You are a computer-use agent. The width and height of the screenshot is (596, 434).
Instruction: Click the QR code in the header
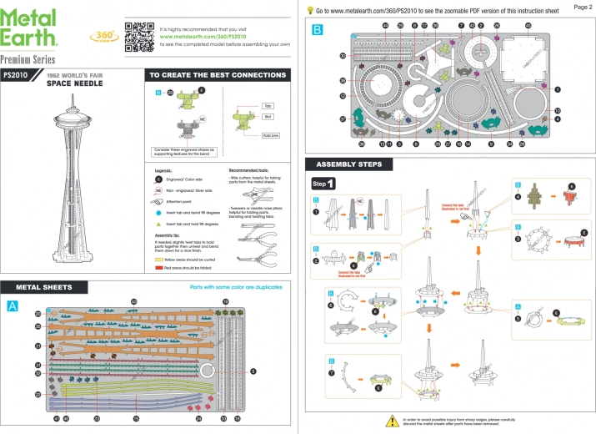coord(139,34)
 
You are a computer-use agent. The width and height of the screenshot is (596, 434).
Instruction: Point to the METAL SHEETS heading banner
coord(43,287)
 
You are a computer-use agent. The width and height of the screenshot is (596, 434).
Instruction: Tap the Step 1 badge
coord(323,184)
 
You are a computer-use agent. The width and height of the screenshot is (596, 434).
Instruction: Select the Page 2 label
coord(583,6)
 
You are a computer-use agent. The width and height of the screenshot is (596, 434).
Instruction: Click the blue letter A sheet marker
coord(11,306)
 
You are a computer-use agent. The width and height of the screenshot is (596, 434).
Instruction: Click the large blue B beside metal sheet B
coord(316,31)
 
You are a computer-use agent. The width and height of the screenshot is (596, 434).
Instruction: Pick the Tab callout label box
coord(268,107)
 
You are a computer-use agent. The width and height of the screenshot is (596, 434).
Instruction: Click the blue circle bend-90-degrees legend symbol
coord(158,214)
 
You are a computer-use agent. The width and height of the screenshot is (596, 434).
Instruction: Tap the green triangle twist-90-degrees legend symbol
coord(158,225)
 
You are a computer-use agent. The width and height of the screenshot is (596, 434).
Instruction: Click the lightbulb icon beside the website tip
coord(310,9)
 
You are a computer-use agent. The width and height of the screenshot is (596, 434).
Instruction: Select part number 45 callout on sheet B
coord(528,26)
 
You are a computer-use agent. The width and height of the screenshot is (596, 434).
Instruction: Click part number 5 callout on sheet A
coord(253,370)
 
